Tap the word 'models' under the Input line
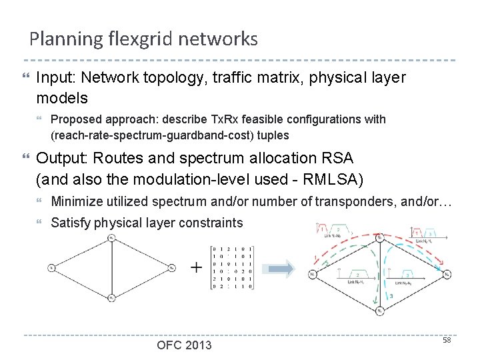tap(62, 98)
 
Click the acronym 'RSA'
tap(338, 159)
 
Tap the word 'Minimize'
tap(75, 201)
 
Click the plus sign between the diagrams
tap(197, 268)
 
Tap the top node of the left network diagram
tap(112, 237)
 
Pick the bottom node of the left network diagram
tap(112, 297)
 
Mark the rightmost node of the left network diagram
tap(172, 267)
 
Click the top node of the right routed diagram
tap(379, 237)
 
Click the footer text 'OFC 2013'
tap(184, 345)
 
